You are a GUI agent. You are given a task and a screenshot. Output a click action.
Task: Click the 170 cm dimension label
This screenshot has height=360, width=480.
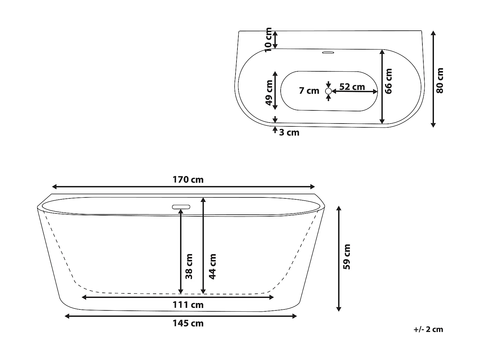188,180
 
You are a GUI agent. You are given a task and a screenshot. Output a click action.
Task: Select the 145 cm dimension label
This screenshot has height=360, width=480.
188,324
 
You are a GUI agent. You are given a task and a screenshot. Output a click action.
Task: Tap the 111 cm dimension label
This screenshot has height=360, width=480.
188,305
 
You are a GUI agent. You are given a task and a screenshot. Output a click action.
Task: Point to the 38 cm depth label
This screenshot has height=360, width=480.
189,266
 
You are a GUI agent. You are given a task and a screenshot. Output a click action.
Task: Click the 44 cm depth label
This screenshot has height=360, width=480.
212,266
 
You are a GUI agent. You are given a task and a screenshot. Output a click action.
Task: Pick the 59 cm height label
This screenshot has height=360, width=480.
347,257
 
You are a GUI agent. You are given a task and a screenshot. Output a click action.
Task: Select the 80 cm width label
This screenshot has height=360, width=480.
440,81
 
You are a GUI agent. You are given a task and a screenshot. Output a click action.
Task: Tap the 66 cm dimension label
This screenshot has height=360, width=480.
388,81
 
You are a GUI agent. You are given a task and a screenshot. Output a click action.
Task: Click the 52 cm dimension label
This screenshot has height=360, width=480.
352,87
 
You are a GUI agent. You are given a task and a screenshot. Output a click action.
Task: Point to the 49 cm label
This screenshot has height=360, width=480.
269,93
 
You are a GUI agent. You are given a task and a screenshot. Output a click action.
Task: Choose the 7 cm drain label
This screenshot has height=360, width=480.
309,91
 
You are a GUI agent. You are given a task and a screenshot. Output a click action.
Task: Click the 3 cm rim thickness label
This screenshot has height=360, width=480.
289,132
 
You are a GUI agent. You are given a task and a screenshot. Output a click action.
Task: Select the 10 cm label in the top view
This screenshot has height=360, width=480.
268,39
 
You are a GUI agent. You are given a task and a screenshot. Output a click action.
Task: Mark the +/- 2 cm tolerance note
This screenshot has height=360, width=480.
428,330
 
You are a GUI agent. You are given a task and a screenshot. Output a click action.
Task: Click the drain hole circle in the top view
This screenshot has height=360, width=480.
328,91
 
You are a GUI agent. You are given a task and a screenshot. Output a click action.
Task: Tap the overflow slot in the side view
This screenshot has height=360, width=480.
181,207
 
